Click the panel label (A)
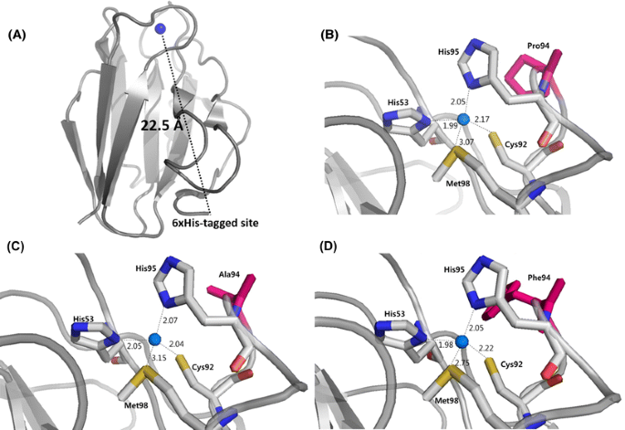20,37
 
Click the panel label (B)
331,37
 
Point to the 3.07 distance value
467,142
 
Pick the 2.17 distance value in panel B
483,120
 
